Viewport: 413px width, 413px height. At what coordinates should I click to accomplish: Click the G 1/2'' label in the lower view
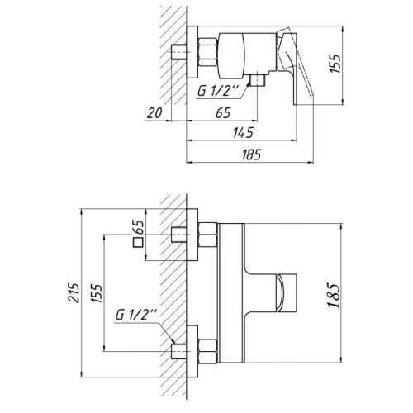132,316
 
